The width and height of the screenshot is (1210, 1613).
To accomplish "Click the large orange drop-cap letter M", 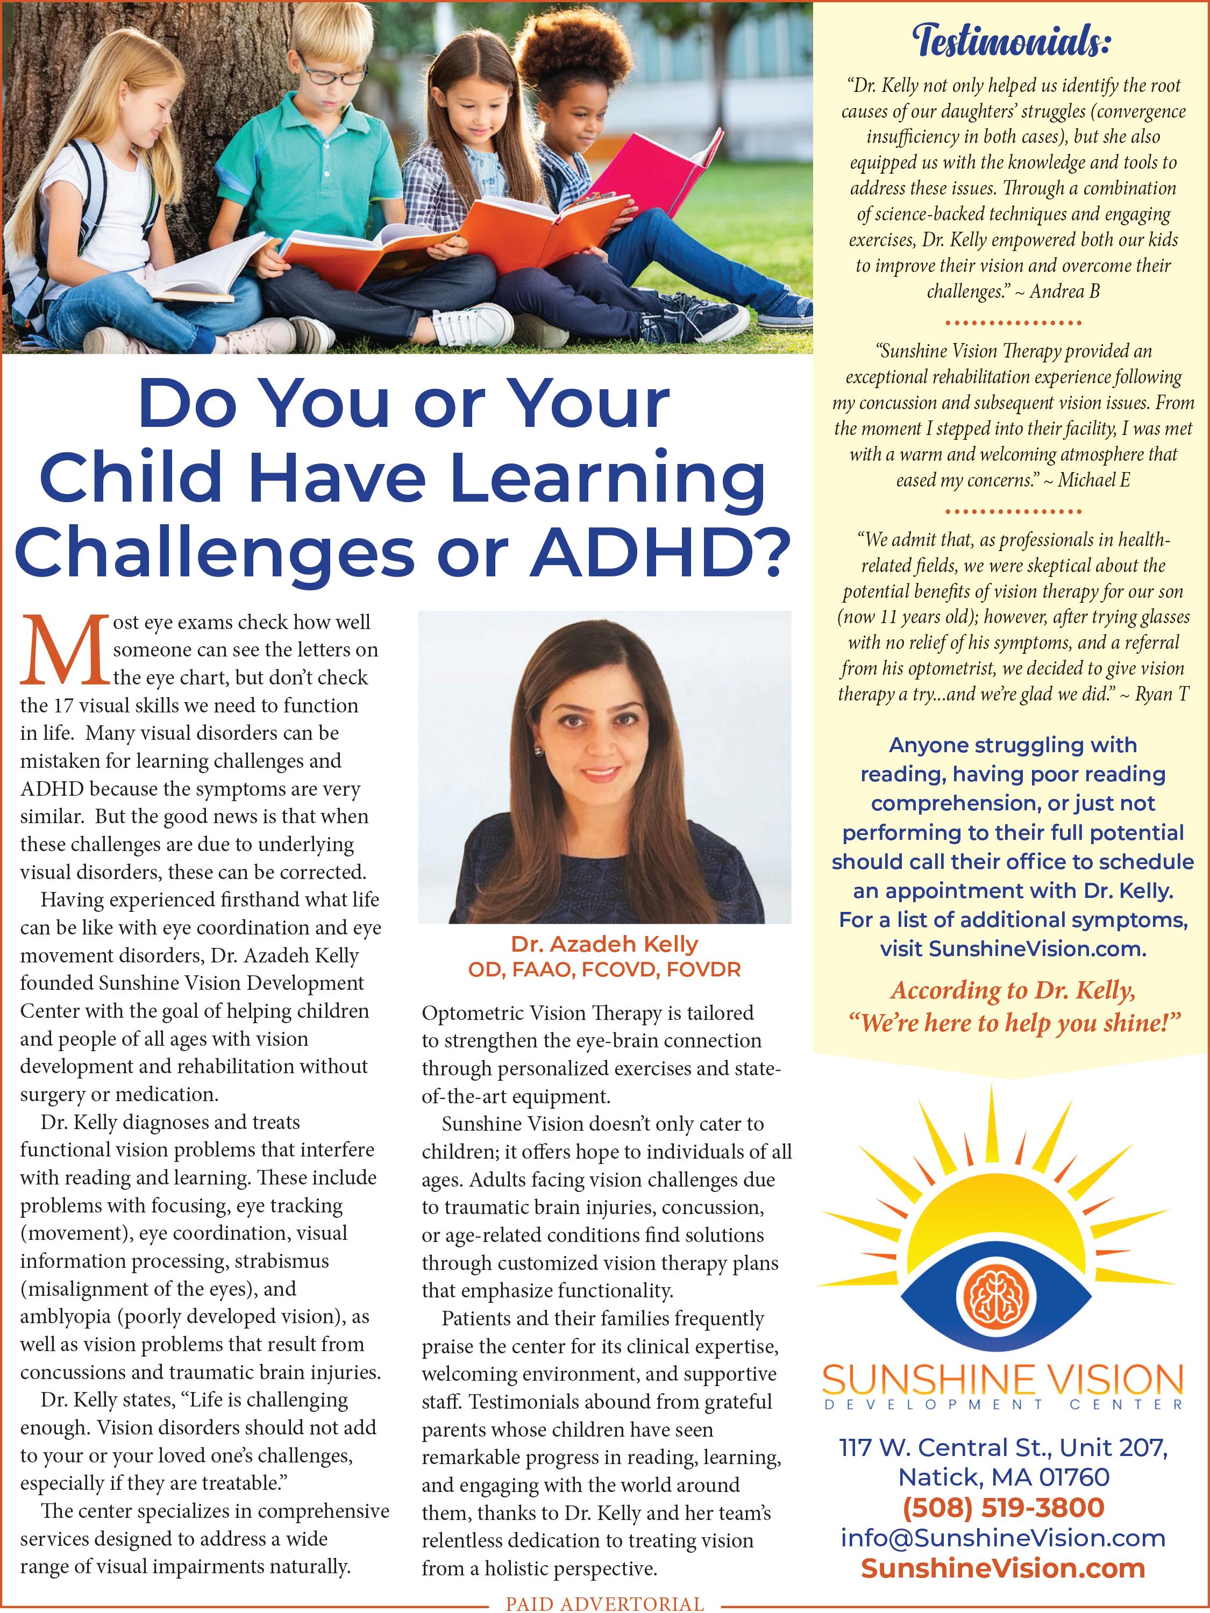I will click(x=64, y=652).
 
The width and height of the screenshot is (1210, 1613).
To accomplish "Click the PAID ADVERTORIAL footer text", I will click(x=604, y=1603).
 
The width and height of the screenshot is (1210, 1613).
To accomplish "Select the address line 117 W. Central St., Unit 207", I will click(x=1003, y=1447).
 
